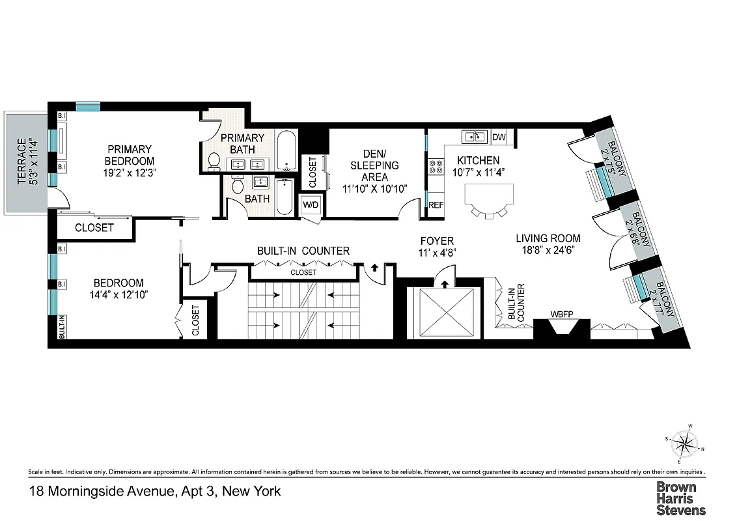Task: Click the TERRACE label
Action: (x=21, y=161)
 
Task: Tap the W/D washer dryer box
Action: (x=309, y=204)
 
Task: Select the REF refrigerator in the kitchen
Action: (x=435, y=205)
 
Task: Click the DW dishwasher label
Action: (x=499, y=137)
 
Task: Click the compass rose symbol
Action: (x=682, y=445)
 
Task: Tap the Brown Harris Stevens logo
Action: (x=680, y=498)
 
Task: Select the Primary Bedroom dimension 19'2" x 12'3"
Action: (x=131, y=173)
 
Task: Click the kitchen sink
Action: (x=474, y=137)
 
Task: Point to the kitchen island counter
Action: (x=489, y=194)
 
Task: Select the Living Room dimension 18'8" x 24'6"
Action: (x=548, y=250)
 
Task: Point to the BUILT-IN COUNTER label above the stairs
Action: (x=303, y=251)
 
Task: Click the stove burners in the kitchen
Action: (x=435, y=167)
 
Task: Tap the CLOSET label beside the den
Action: (x=312, y=173)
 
